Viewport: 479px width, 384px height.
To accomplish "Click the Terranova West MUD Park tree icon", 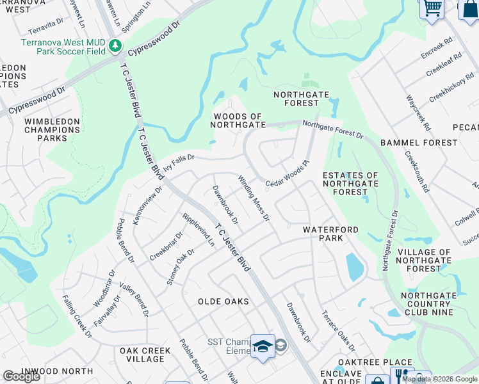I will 115,46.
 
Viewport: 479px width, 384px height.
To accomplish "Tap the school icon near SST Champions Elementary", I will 263,346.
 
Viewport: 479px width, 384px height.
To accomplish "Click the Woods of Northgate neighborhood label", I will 237,120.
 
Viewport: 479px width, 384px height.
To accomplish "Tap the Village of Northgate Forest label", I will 424,260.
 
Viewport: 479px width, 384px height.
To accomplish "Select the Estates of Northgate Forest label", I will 350,183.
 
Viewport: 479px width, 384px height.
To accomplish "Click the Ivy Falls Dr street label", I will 179,162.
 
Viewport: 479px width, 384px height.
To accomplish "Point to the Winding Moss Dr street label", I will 254,198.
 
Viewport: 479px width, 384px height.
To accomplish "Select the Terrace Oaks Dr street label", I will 338,331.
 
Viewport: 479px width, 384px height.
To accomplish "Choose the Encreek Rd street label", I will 437,48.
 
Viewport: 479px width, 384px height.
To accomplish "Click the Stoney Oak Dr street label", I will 181,267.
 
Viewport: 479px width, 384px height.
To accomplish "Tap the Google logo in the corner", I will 21,376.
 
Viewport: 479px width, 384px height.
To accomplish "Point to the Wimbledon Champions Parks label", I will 53,129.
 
